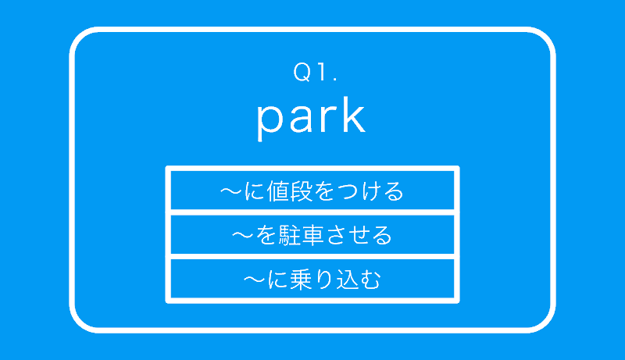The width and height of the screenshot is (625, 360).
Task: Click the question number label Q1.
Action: (316, 72)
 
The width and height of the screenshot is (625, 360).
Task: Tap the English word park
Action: (311, 118)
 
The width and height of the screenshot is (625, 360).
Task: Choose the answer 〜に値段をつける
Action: (312, 191)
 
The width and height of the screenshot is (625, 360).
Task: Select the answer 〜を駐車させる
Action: (312, 235)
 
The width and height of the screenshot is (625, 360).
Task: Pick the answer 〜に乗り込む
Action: (312, 279)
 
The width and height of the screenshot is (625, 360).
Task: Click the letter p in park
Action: (270, 123)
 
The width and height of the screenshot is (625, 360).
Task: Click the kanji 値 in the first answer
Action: (278, 191)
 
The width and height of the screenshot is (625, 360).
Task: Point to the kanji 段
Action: (301, 191)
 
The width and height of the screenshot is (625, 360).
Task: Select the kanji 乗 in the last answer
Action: (301, 279)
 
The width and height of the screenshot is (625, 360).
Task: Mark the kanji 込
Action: (347, 279)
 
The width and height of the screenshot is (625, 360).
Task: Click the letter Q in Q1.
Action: (302, 73)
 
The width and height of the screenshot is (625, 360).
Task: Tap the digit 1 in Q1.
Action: (321, 72)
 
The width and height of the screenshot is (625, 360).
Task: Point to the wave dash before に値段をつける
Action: (231, 191)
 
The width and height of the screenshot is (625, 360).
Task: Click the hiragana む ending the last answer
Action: (370, 279)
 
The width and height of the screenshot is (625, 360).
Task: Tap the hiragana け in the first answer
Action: (370, 191)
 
